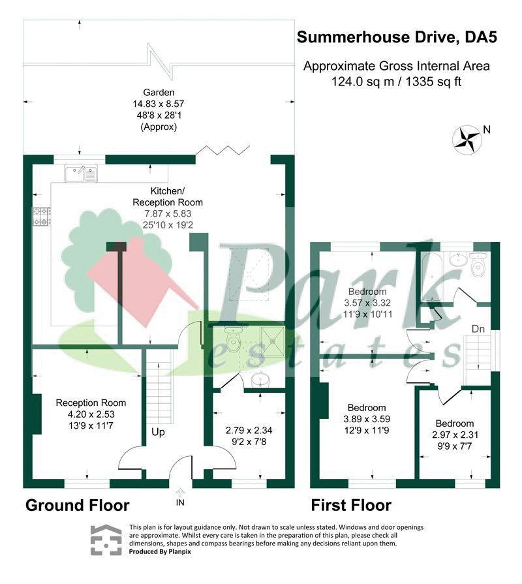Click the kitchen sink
[x=81, y=173]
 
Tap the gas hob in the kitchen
[x=41, y=217]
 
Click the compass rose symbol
[x=466, y=140]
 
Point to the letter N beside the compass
[x=487, y=130]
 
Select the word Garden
[x=159, y=93]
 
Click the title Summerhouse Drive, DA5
[x=397, y=37]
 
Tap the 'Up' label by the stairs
[x=159, y=433]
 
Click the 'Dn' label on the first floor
[x=478, y=329]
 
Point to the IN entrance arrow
[x=180, y=493]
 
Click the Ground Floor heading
[x=78, y=506]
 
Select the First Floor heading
[x=351, y=506]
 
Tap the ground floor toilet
[x=234, y=339]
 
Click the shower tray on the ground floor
[x=272, y=341]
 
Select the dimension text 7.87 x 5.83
[x=168, y=214]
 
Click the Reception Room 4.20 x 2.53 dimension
[x=91, y=414]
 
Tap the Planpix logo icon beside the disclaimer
[x=106, y=540]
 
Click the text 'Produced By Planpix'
[x=160, y=551]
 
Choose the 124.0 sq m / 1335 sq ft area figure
[x=397, y=82]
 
